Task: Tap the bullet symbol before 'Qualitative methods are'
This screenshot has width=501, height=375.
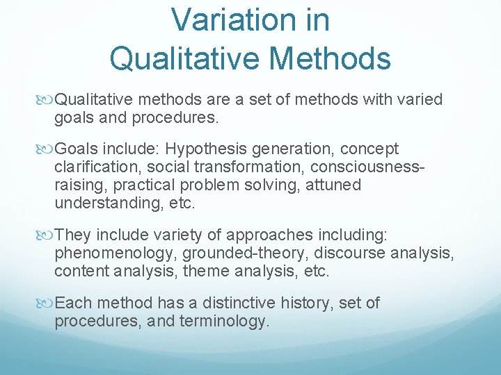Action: tap(48, 100)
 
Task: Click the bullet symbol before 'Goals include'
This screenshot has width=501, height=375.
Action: tap(48, 149)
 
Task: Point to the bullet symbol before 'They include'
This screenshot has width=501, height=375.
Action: tap(48, 234)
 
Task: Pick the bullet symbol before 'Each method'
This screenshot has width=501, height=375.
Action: tap(48, 303)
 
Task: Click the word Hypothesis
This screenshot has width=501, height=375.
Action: tap(212, 149)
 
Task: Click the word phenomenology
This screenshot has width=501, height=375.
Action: tap(115, 252)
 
